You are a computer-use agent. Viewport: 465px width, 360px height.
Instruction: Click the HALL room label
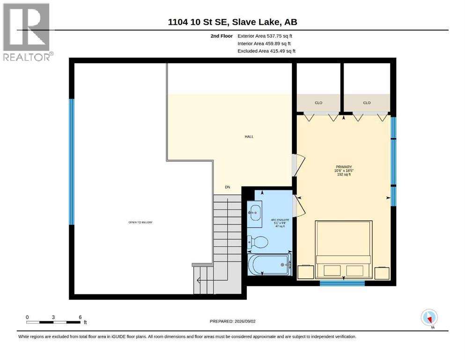pos(249,136)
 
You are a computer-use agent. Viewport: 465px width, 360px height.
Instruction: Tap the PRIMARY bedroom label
pos(344,167)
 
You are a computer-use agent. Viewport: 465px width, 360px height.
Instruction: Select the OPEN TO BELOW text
pos(140,222)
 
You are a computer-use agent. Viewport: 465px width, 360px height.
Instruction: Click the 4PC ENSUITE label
pos(280,220)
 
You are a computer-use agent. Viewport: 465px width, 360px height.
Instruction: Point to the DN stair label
pos(228,187)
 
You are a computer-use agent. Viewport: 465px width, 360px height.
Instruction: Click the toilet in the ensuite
pos(258,242)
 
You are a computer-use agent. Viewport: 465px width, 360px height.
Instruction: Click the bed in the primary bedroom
pos(344,250)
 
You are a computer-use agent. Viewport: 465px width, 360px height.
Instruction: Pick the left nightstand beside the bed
pos(306,272)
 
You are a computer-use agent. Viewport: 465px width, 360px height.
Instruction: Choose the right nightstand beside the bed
pos(382,273)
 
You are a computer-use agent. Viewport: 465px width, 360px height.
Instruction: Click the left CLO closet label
pos(318,103)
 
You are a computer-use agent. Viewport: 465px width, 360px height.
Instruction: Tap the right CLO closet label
pos(367,103)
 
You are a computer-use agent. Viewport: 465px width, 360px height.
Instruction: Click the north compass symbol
pos(429,317)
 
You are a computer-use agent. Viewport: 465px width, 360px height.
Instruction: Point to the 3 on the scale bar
pos(53,317)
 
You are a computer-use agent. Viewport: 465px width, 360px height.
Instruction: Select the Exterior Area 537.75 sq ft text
pos(265,36)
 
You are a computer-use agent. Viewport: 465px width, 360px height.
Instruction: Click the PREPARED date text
pos(232,321)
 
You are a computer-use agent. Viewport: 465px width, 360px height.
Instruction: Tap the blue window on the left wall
pos(72,162)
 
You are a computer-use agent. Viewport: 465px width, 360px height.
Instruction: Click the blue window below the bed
pos(342,284)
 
